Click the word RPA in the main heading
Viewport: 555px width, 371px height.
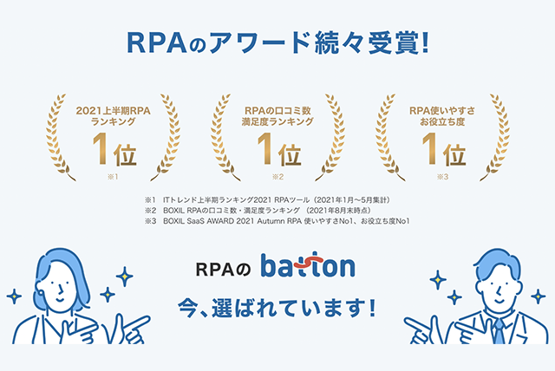(x=156, y=43)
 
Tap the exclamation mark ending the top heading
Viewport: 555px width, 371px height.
(x=425, y=42)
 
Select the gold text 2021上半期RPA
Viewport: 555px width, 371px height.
(x=114, y=111)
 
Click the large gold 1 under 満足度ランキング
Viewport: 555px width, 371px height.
(x=265, y=149)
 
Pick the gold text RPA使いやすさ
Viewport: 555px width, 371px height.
(x=442, y=111)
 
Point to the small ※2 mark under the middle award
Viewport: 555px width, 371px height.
(x=277, y=177)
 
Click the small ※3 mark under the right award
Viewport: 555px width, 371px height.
(x=443, y=177)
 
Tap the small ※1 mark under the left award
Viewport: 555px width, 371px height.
(x=113, y=177)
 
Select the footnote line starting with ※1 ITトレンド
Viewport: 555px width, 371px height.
(x=268, y=200)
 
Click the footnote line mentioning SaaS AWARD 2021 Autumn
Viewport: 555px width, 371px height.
(x=277, y=221)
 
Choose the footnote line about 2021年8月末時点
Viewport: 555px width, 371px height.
(x=258, y=211)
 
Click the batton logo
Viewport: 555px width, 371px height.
(x=308, y=265)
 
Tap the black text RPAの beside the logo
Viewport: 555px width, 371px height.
(x=224, y=270)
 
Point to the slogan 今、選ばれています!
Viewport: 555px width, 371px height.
(x=277, y=308)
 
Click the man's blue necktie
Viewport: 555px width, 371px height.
(x=499, y=331)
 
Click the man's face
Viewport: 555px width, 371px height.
(x=499, y=286)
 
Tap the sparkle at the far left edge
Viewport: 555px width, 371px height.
(x=14, y=296)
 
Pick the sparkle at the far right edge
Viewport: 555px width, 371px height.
(x=538, y=296)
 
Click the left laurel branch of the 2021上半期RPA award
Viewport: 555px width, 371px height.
(x=56, y=138)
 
